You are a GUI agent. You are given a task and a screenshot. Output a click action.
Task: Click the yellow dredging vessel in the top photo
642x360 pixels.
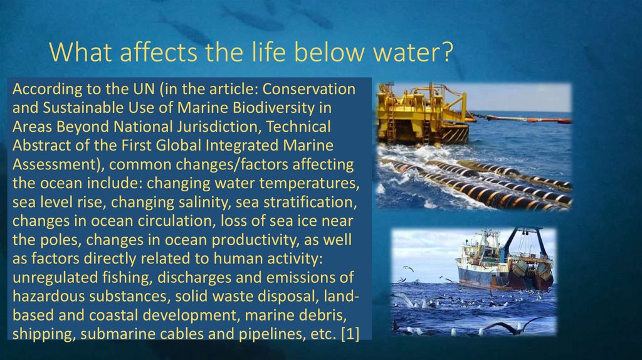(423, 116)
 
